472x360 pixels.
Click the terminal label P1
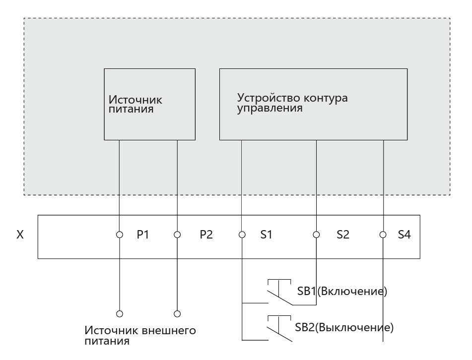click(142, 235)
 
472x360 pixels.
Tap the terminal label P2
click(206, 235)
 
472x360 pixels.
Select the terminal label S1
click(266, 235)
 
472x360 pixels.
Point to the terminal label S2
click(343, 235)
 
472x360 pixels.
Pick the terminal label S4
click(405, 235)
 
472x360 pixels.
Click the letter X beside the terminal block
click(20, 235)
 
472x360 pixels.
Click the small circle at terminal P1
click(120, 235)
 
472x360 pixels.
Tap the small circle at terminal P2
click(177, 235)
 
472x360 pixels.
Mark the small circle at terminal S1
click(242, 235)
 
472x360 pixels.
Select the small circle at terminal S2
click(316, 235)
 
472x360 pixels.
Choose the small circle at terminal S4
click(383, 235)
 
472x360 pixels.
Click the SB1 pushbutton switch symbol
click(279, 293)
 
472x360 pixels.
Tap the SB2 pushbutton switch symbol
click(279, 329)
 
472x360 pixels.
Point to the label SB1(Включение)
click(342, 291)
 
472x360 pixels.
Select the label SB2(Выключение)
click(344, 327)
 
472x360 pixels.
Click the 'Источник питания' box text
click(135, 104)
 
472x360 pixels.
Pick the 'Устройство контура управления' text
click(292, 103)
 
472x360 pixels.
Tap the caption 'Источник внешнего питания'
click(140, 335)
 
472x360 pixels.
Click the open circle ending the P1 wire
click(120, 314)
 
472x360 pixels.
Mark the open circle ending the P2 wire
click(177, 314)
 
